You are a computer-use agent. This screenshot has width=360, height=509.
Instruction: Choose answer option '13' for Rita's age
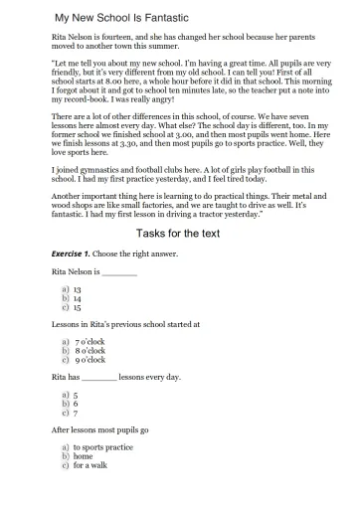pos(77,288)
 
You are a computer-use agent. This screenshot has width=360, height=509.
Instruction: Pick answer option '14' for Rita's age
pos(77,297)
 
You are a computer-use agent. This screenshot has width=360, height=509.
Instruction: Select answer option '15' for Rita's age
pos(77,306)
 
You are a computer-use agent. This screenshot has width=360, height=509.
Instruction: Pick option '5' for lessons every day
pos(76,396)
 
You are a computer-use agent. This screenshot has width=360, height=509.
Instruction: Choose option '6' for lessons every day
pos(76,405)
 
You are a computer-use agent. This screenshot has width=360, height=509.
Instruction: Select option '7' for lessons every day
pos(76,414)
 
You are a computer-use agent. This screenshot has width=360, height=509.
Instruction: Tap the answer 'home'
pos(83,457)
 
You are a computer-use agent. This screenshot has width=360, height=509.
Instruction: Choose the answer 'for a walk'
pos(90,466)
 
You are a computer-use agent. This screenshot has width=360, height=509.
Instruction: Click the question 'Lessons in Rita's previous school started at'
pos(125,324)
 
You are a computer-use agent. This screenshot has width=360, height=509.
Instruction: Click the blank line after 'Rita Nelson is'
pos(119,271)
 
